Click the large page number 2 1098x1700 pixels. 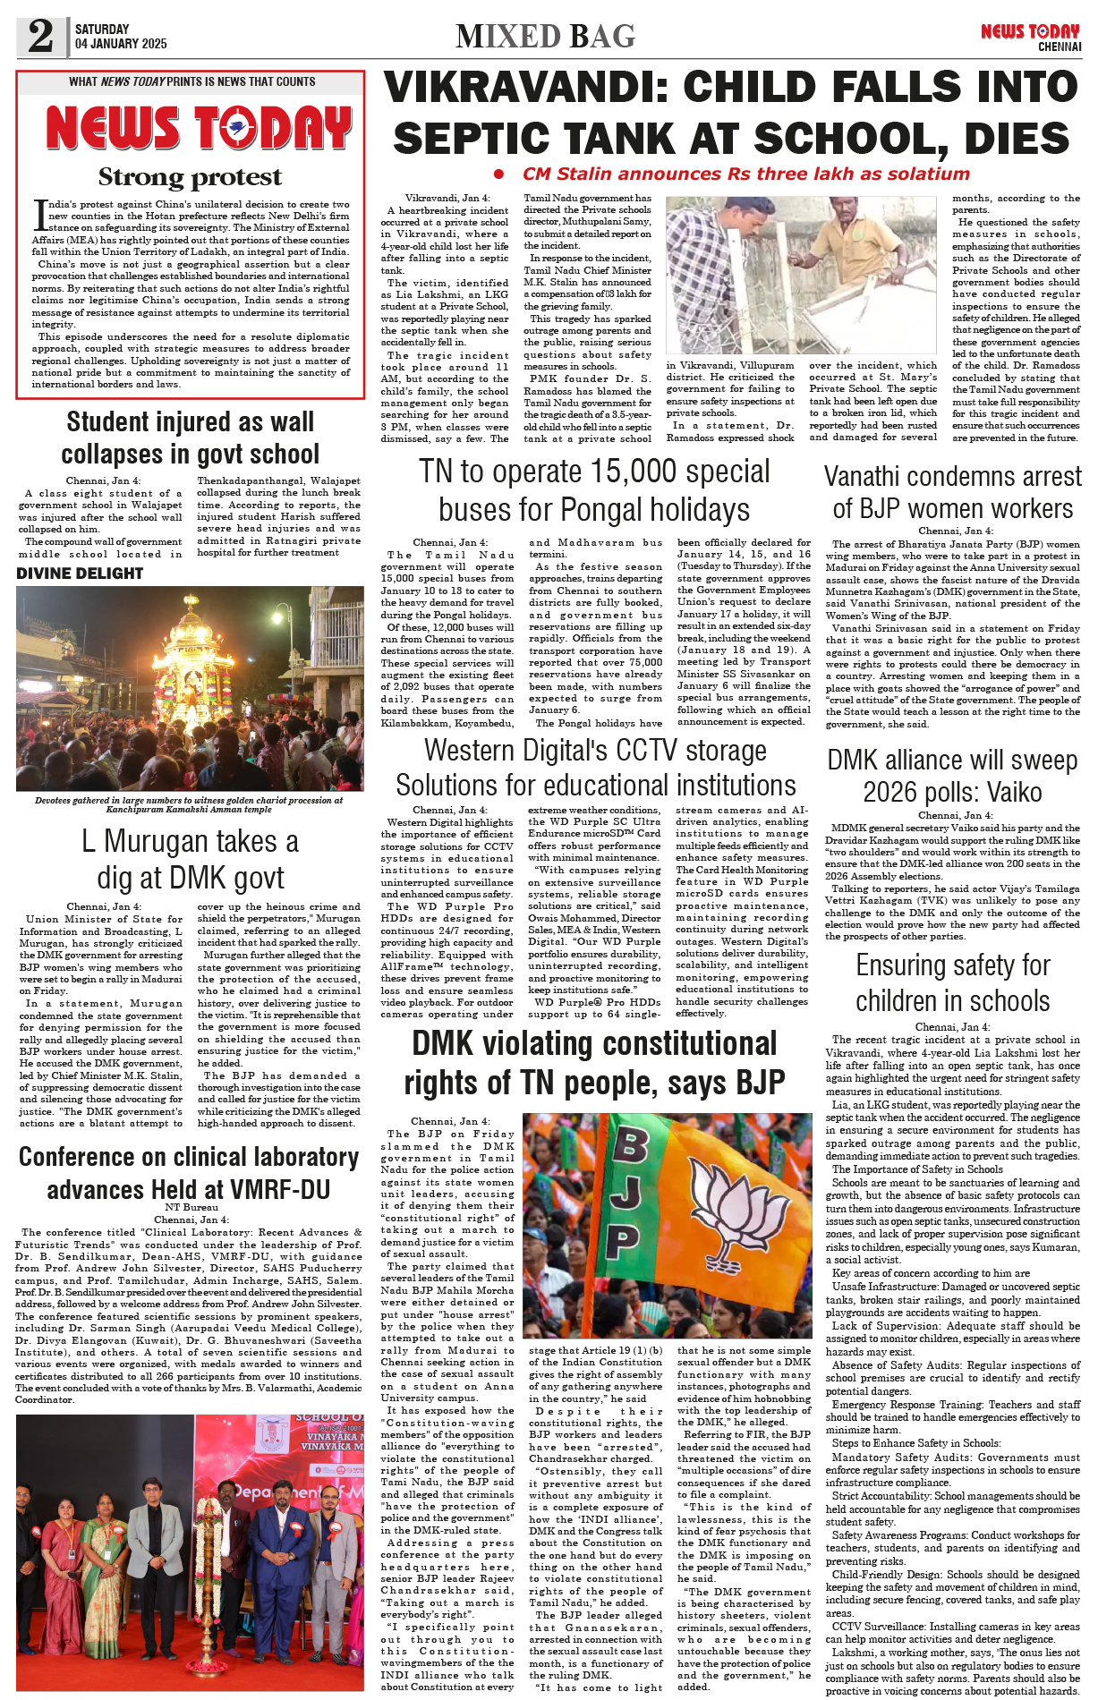(40, 36)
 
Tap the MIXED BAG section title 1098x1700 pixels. (545, 37)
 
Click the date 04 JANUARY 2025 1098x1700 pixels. (121, 44)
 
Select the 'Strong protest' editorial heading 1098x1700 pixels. (190, 177)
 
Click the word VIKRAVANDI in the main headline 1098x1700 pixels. (526, 88)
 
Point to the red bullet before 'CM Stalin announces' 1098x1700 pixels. (498, 174)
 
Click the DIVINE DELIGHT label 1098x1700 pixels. (80, 574)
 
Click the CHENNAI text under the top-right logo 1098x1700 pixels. (1060, 47)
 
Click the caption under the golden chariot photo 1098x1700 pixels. (189, 804)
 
